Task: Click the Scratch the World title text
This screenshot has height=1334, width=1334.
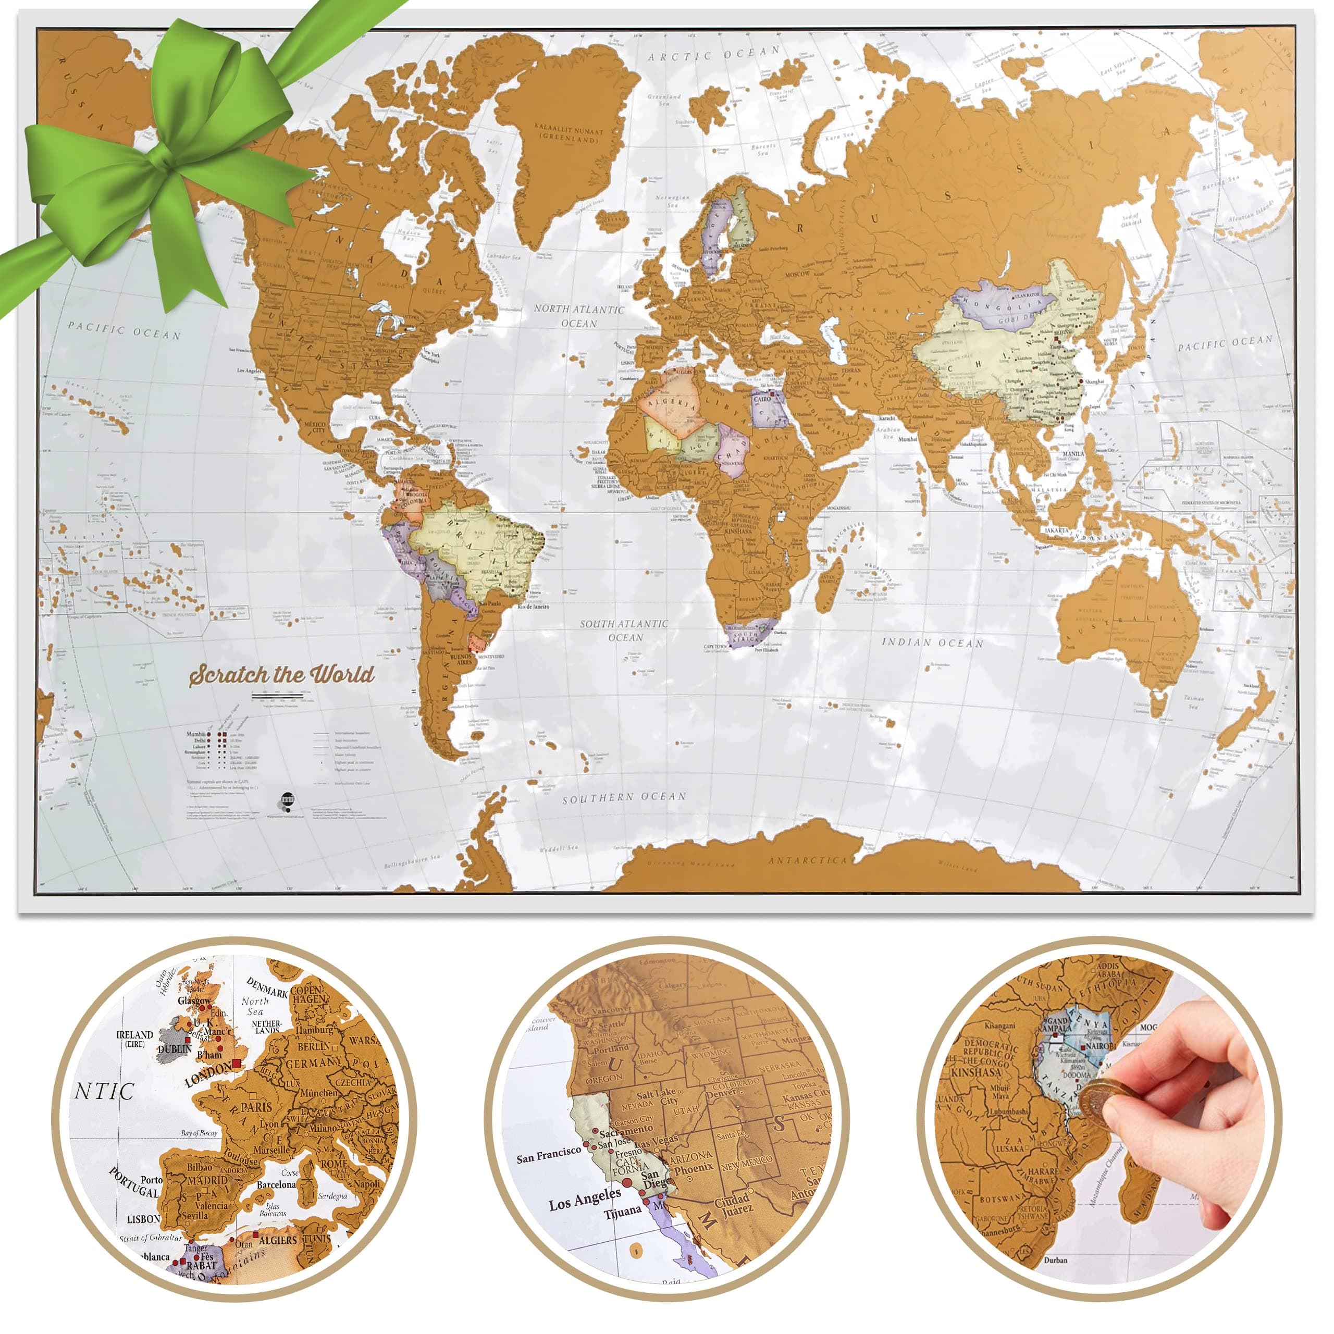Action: [x=282, y=675]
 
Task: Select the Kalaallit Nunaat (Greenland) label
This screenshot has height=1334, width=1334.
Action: [x=569, y=134]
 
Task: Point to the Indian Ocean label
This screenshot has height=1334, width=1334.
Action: [x=932, y=643]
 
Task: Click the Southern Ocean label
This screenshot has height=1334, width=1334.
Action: [x=624, y=797]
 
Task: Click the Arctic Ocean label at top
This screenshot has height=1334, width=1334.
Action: [x=714, y=54]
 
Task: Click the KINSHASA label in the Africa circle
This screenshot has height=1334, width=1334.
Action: [x=975, y=1073]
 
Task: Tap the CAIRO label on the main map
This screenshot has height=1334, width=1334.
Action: [x=762, y=399]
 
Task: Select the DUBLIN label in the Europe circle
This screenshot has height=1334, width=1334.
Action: [x=175, y=1049]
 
